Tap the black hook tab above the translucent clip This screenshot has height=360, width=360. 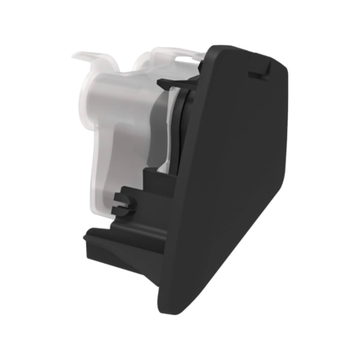(167, 82)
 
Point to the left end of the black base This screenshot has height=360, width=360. (88, 243)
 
